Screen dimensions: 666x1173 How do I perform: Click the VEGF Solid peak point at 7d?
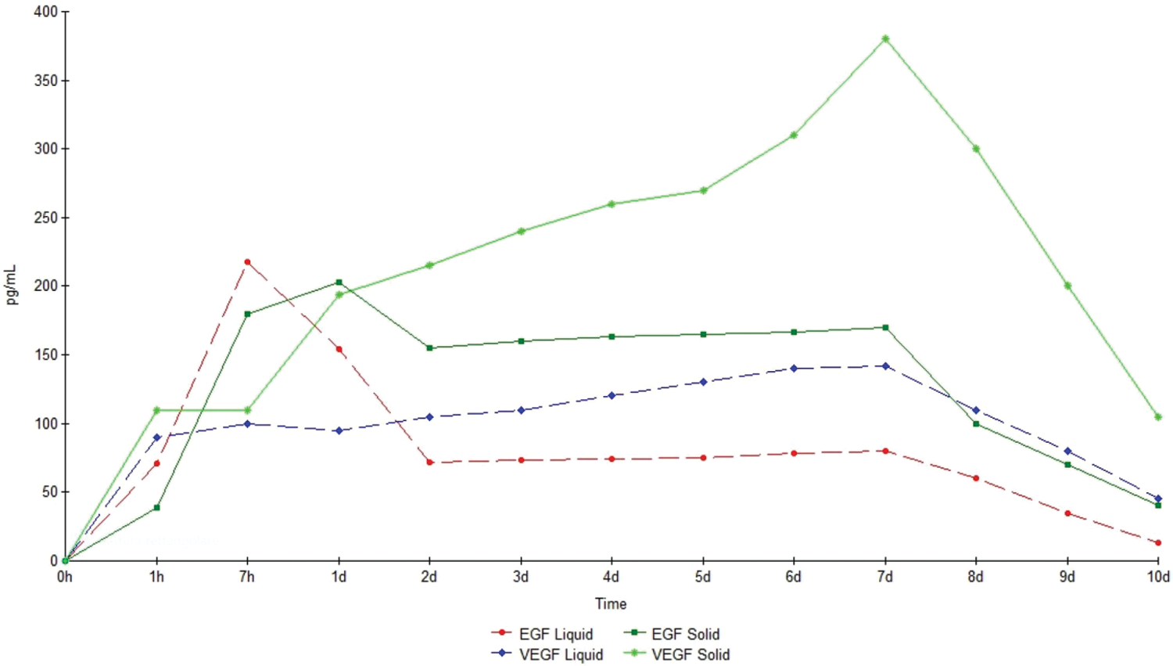(885, 39)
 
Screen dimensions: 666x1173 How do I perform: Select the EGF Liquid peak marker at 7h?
(247, 262)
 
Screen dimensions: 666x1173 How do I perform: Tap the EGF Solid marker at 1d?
(339, 283)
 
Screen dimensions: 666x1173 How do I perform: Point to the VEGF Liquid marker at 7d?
(885, 366)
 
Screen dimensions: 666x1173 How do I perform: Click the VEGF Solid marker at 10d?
(1158, 417)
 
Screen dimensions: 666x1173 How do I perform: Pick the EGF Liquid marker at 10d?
(1158, 542)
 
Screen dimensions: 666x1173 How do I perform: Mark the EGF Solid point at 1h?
(156, 508)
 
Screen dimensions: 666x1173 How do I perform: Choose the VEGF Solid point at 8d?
(976, 149)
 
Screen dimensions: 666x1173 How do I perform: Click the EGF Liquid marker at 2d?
(429, 463)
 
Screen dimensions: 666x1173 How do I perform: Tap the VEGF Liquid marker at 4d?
(612, 396)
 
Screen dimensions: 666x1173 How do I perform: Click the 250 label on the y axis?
(46, 218)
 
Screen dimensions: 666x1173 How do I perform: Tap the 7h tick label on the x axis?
(247, 577)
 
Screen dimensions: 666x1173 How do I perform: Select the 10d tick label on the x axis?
(1158, 577)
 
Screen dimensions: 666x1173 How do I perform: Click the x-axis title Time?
(611, 603)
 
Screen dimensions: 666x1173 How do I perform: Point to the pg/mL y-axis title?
(11, 286)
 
